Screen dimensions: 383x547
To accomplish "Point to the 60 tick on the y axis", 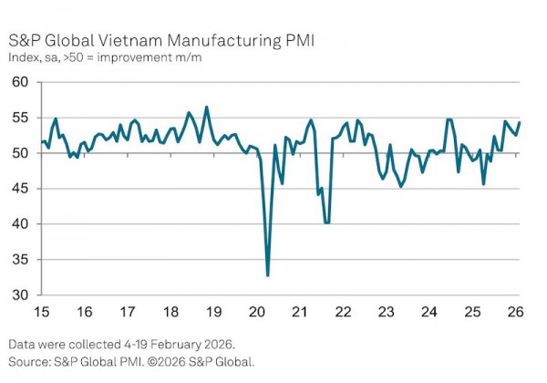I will pyautogui.click(x=19, y=82).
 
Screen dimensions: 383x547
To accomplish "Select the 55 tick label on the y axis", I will pyautogui.click(x=19, y=118).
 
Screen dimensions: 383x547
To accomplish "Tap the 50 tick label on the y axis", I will pyautogui.click(x=19, y=153).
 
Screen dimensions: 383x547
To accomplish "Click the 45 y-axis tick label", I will pyautogui.click(x=19, y=189).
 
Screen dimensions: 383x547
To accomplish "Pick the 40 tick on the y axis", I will pyautogui.click(x=19, y=224).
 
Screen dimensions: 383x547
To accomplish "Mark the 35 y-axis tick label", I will pyautogui.click(x=19, y=260).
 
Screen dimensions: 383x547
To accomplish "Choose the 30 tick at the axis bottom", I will pyautogui.click(x=19, y=295).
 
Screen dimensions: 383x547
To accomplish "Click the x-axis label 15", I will pyautogui.click(x=41, y=312).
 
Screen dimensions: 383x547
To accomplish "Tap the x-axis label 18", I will pyautogui.click(x=171, y=312).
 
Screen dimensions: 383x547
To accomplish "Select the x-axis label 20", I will pyautogui.click(x=258, y=312).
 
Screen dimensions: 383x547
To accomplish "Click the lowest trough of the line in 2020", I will pyautogui.click(x=268, y=275).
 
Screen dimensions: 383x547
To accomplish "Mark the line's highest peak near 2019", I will pyautogui.click(x=206, y=108).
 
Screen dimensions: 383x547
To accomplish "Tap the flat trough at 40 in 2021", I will pyautogui.click(x=326, y=223).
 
